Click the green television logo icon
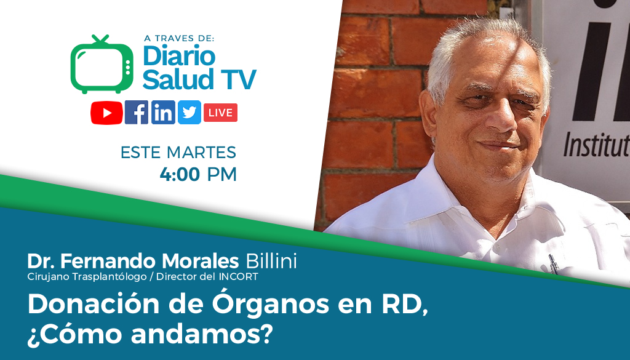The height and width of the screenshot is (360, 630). point(102,64)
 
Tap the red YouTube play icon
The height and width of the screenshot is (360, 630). point(106,113)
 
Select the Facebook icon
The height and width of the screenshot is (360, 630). point(137,113)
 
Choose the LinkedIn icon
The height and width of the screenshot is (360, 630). point(163,113)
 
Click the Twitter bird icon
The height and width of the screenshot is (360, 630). point(189,113)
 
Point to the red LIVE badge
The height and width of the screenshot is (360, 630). point(221,113)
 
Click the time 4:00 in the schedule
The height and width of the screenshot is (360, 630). point(180,174)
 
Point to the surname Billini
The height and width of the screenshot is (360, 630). point(271,261)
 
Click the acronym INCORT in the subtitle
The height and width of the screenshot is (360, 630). point(238,277)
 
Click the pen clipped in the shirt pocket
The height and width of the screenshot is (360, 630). point(553,265)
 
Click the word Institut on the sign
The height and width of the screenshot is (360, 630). point(597,145)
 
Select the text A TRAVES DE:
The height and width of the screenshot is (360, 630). point(179,38)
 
